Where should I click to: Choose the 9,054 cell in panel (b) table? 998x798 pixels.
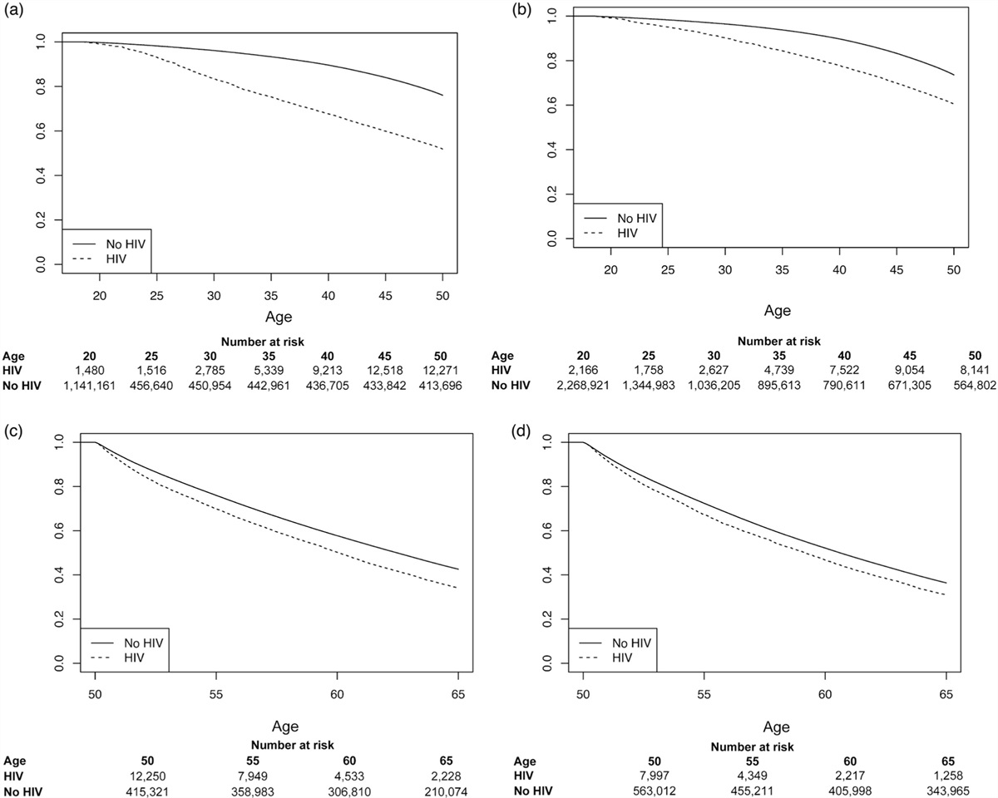click(x=874, y=370)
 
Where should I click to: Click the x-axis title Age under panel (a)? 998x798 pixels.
click(x=279, y=317)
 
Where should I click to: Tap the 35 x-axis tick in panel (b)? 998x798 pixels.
click(x=782, y=271)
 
